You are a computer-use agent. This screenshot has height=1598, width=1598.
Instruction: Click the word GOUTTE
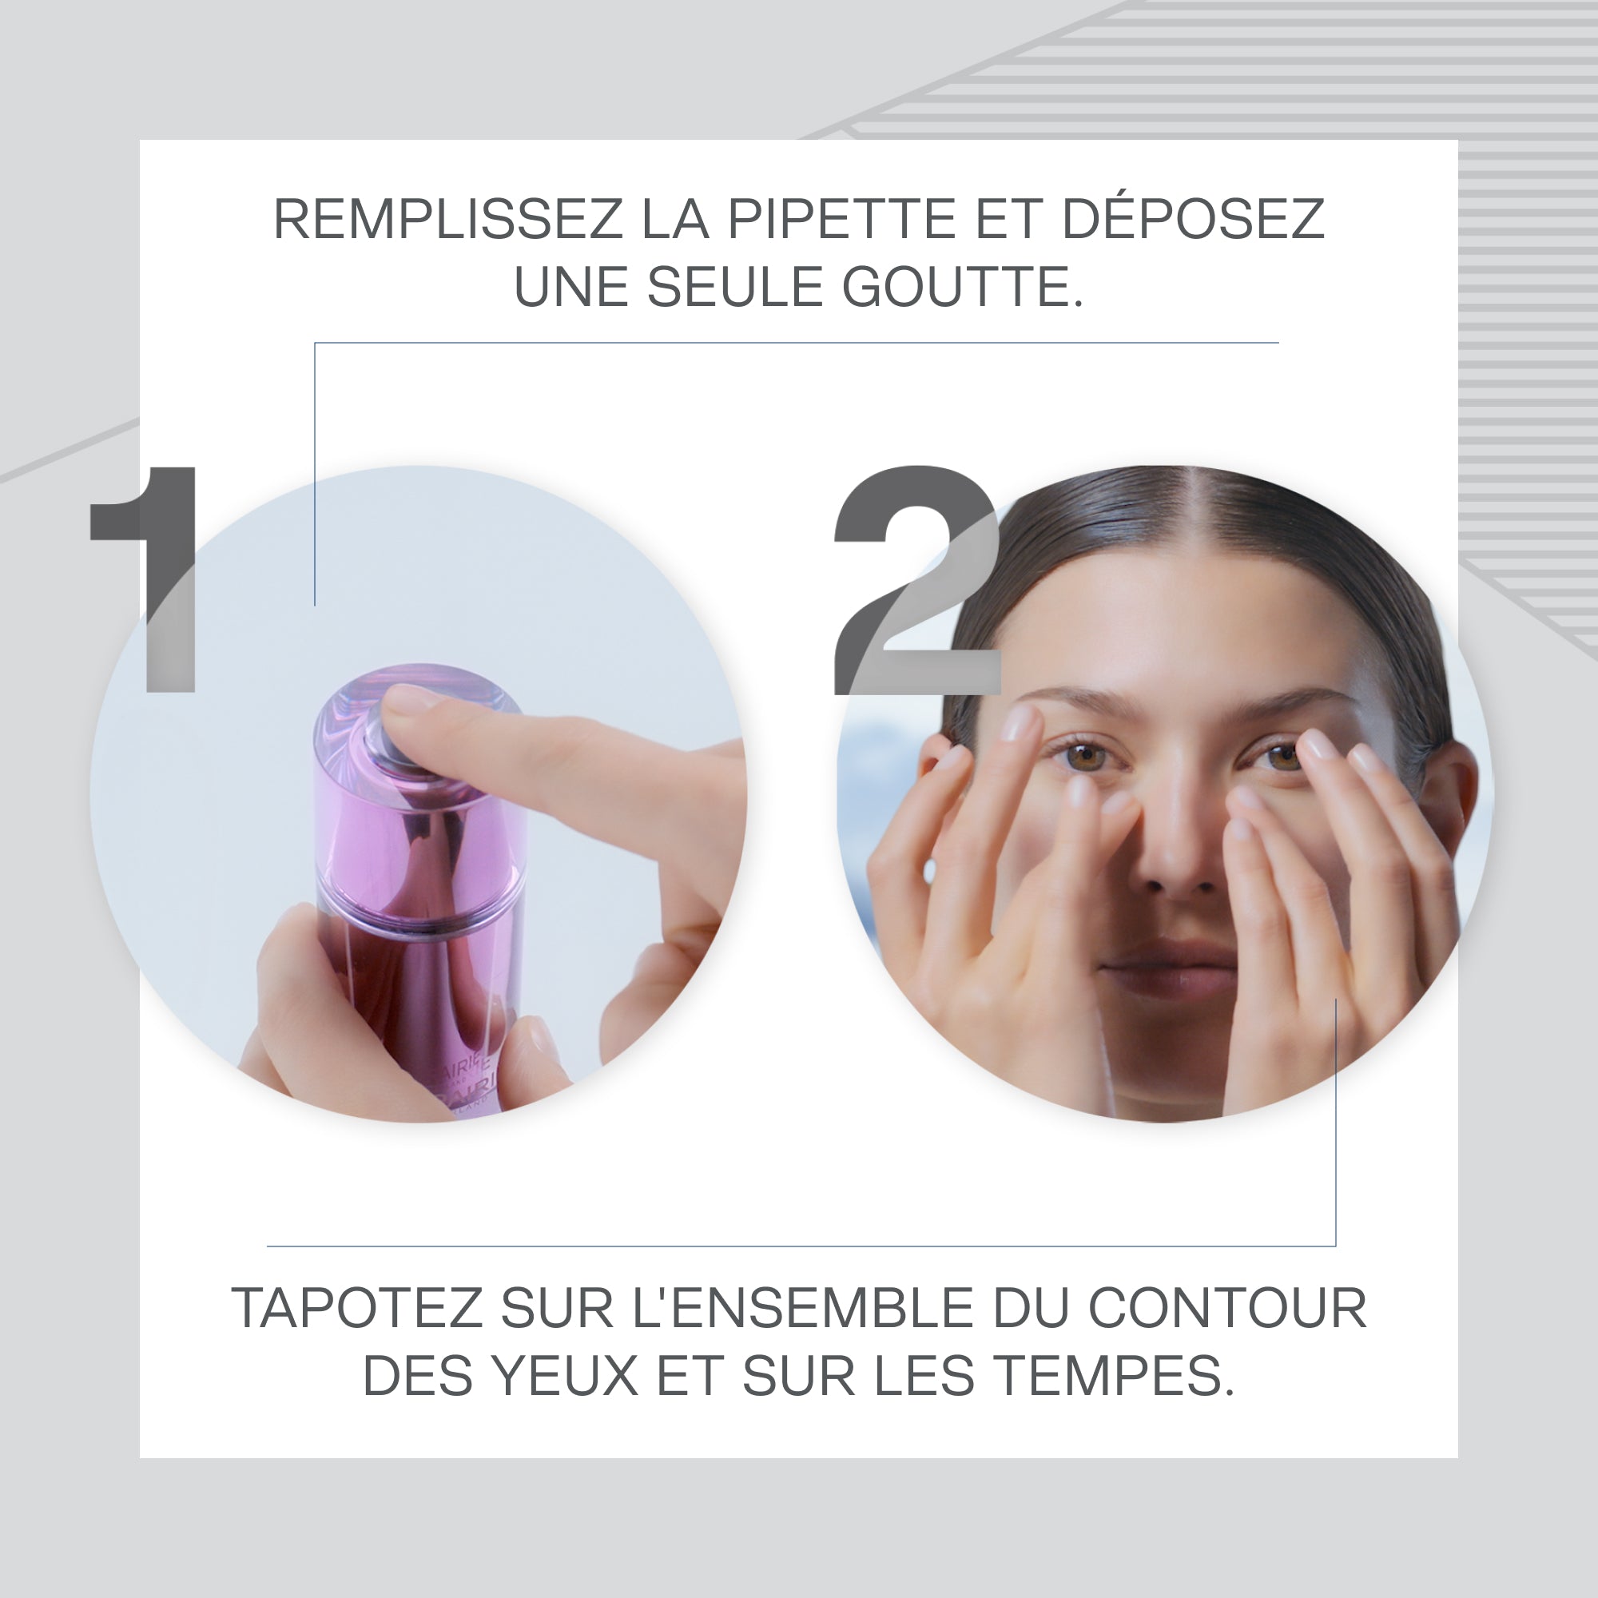click(962, 287)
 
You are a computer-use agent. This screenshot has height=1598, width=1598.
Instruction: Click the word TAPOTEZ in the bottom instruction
click(356, 1309)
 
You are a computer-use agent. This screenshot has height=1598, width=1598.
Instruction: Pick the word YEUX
click(565, 1377)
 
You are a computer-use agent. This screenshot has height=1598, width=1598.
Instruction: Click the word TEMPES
click(1113, 1377)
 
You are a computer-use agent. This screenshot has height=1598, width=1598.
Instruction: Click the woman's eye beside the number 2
click(1086, 754)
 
